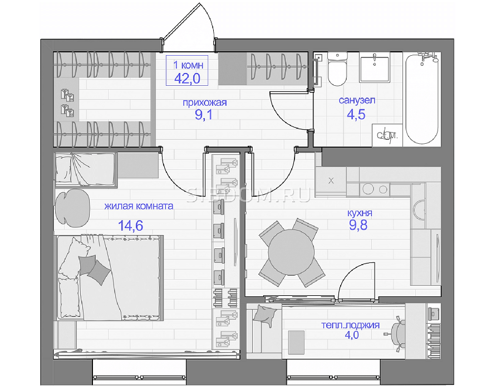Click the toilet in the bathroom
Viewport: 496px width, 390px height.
[337, 69]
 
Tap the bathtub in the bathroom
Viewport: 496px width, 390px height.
[422, 99]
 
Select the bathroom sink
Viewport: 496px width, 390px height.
[375, 67]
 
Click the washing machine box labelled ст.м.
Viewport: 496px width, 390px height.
[387, 135]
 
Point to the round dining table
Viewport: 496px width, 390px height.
[291, 252]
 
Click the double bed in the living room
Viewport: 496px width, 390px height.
[109, 277]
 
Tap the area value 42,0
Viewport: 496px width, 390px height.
[187, 78]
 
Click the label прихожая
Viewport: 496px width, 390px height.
[205, 103]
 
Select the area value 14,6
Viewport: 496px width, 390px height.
[130, 226]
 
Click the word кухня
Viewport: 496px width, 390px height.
[360, 213]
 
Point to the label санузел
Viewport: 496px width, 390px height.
[357, 100]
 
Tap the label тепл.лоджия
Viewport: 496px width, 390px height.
[350, 325]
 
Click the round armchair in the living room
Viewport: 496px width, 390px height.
[72, 208]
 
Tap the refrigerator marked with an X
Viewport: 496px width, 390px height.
[331, 181]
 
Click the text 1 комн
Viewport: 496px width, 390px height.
[188, 65]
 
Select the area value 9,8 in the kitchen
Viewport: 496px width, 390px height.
[358, 225]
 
